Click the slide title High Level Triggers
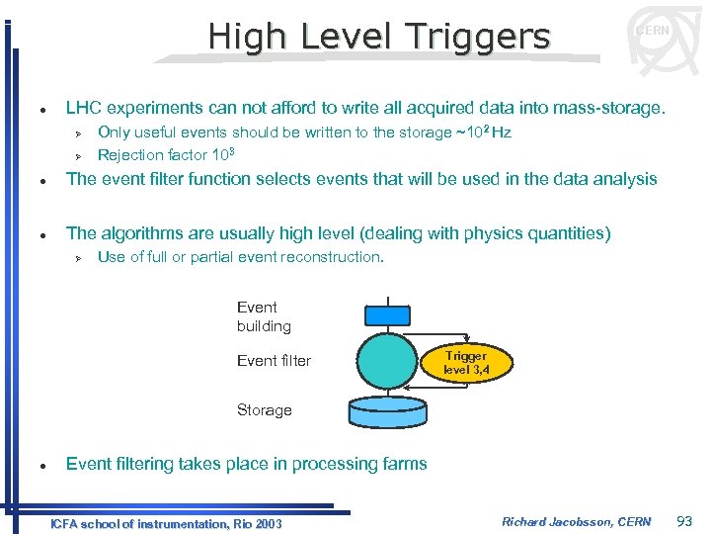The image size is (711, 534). point(378,37)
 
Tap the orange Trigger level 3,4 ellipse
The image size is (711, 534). point(465,363)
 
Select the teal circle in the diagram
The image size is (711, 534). point(386,360)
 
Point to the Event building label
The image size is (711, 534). point(264,316)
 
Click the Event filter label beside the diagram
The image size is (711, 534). point(274,361)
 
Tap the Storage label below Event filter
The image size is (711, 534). point(264,410)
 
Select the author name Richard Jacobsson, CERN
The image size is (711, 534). point(577,521)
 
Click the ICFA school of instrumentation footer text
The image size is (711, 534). point(166,523)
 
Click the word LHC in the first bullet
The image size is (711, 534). point(83,107)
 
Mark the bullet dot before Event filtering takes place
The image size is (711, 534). point(33,465)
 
